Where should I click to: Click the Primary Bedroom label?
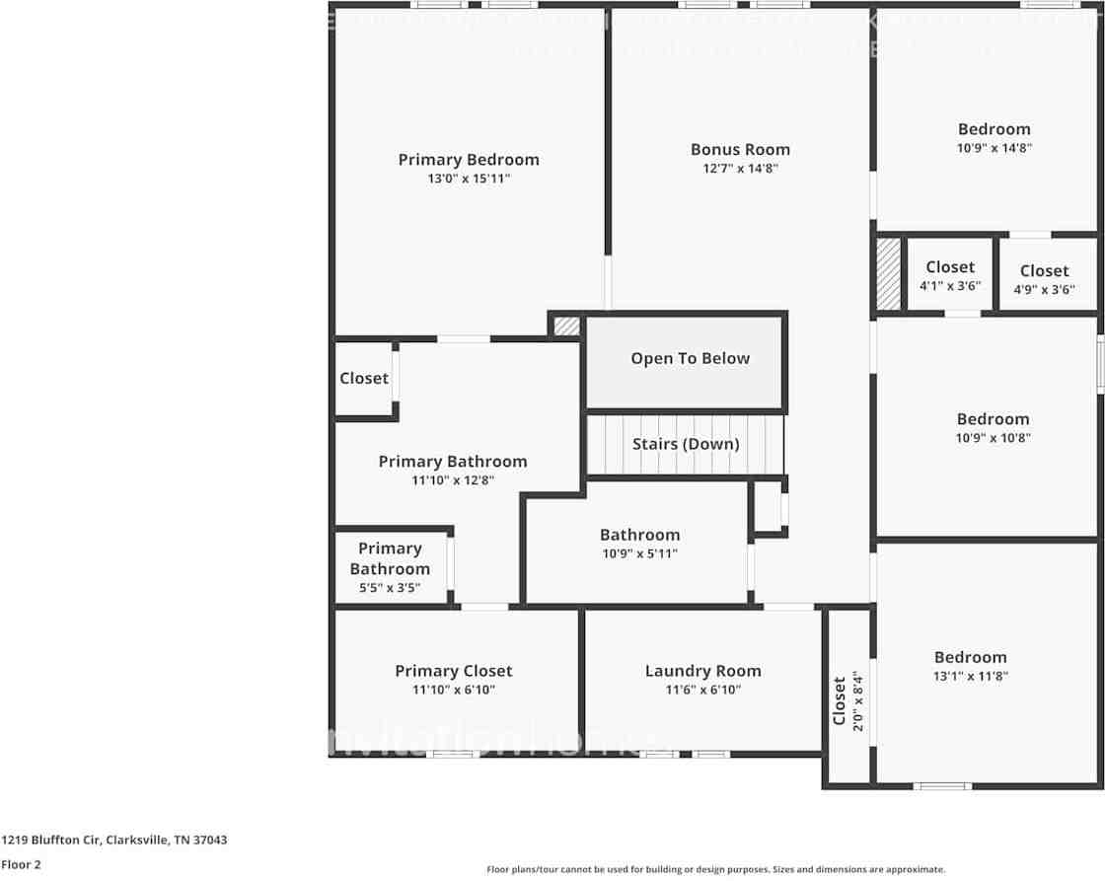point(469,160)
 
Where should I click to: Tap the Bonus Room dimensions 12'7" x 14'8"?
point(740,169)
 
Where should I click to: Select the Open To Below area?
point(690,359)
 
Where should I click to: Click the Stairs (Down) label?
point(686,444)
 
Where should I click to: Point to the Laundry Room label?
point(702,671)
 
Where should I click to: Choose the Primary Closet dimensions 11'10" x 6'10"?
point(454,690)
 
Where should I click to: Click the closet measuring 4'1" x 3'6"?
point(950,275)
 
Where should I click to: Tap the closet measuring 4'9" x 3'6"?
point(1044,279)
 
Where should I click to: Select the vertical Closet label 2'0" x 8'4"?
point(846,699)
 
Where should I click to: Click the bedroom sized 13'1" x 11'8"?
point(971,666)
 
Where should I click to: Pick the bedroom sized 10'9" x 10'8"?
point(993,427)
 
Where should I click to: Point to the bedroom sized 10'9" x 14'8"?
point(994,137)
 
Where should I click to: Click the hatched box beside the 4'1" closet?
point(889,273)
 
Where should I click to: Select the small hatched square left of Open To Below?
point(566,325)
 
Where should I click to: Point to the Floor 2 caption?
point(21,864)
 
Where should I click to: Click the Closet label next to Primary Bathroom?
point(364,378)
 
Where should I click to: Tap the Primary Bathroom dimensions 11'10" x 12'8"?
point(453,480)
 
